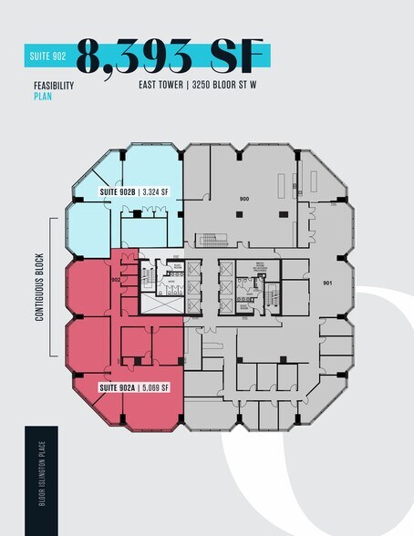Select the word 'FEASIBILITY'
tap(53, 87)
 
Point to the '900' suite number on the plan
tap(243, 199)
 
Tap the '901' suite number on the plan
tap(328, 284)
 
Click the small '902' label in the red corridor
tap(116, 281)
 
